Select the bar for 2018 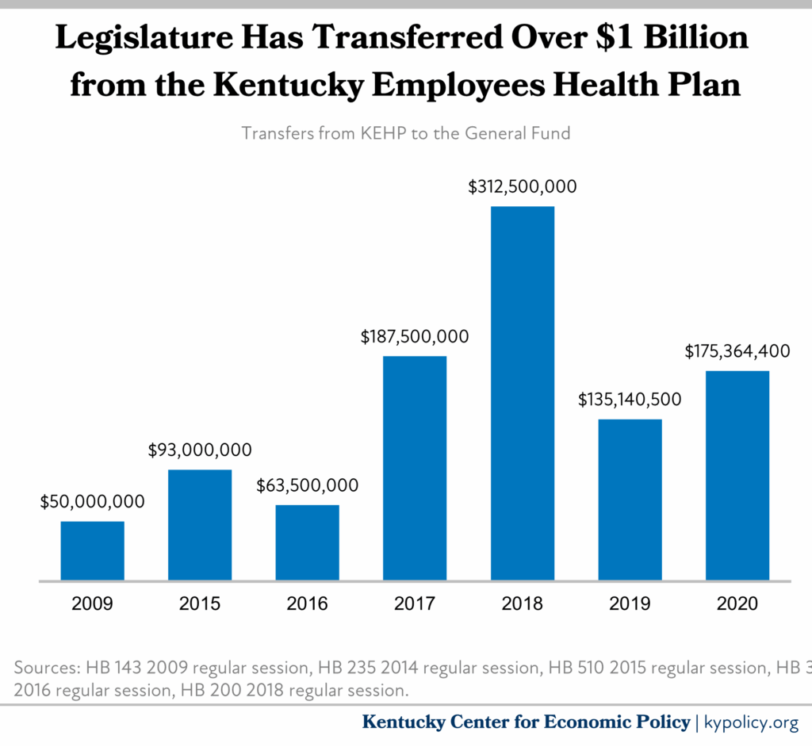point(522,393)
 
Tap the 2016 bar point(307,542)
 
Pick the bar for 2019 point(630,500)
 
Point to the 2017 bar point(415,468)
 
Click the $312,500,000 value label point(522,187)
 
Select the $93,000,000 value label point(200,450)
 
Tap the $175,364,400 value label point(737,351)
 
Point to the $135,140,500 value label point(630,400)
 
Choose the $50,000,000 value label point(93,501)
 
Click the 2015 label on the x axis point(200,604)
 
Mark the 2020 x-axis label point(737,604)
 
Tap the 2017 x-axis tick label point(415,604)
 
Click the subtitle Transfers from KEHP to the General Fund point(406,133)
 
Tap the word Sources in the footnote point(44,667)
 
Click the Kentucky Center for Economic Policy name point(526,722)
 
